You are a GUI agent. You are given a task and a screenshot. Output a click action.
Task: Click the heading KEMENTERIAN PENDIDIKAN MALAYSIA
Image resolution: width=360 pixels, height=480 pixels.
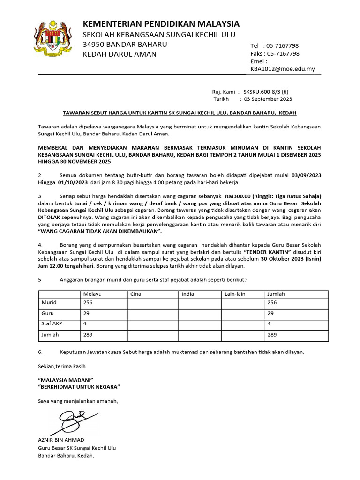(x=161, y=24)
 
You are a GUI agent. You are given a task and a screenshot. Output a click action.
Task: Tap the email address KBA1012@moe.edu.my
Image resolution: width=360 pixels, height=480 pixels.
(x=283, y=69)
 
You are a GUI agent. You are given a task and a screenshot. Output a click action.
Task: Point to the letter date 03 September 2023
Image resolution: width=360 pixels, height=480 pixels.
(x=268, y=99)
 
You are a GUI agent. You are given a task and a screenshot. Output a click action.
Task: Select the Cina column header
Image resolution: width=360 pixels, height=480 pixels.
(x=135, y=294)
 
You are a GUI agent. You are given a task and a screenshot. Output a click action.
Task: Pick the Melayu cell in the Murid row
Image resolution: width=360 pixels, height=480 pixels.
(x=88, y=303)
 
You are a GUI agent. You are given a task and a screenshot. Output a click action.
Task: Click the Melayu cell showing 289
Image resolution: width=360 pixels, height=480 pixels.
(x=88, y=335)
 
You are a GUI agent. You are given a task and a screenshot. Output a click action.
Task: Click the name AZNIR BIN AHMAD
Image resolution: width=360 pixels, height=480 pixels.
(x=61, y=440)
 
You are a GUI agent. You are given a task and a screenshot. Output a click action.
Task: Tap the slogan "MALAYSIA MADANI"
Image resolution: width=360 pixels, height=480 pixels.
(x=65, y=379)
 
